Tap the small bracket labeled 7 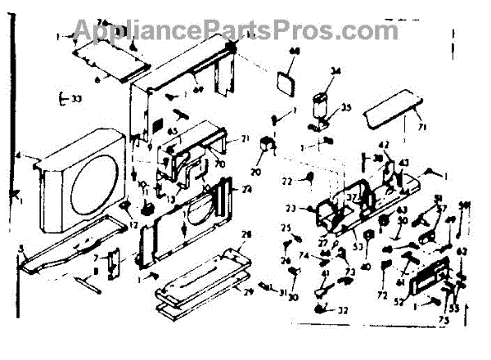click(x=114, y=266)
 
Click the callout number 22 click(x=287, y=180)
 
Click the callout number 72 click(x=381, y=293)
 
